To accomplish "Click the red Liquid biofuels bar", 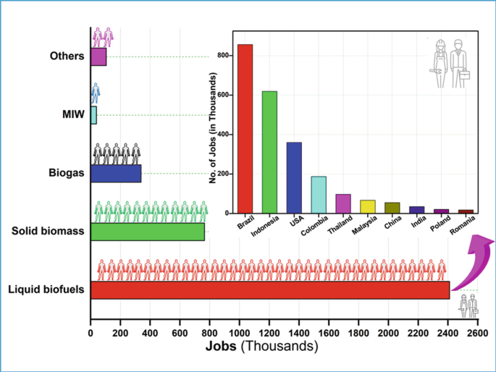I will tap(269, 289).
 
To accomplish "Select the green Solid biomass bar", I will tap(147, 232).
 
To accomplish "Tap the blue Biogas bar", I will tap(116, 174).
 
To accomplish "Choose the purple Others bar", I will tap(98, 56).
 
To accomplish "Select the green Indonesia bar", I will tap(269, 152).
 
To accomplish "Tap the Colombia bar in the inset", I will tap(319, 195).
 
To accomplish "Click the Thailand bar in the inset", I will tap(343, 203).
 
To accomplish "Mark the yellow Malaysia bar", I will tap(368, 206).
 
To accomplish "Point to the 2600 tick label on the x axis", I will tap(476, 334).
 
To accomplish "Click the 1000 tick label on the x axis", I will tap(240, 334).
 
